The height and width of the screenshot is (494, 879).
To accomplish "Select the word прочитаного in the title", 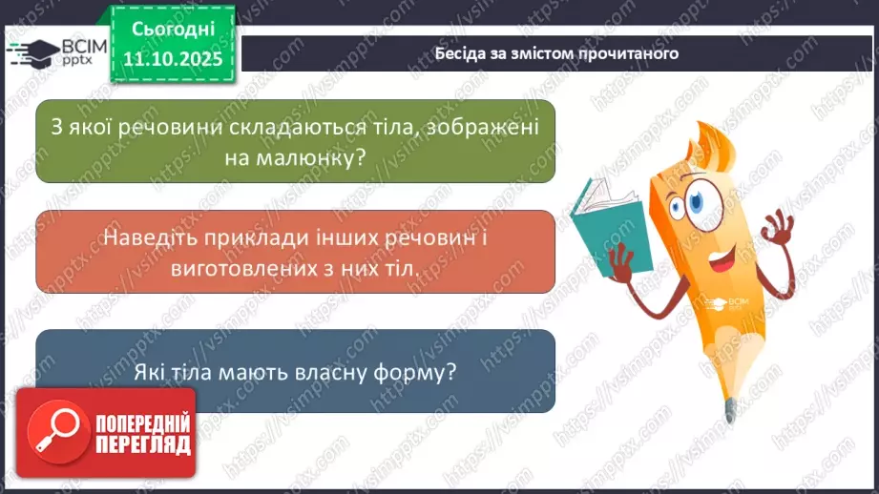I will tap(631, 53).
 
